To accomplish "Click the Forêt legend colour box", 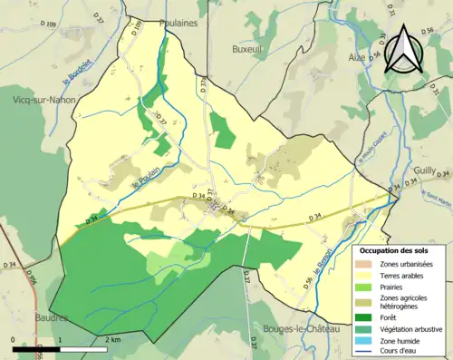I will coord(367,316).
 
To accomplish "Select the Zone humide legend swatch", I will coord(367,340).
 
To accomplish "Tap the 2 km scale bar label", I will coord(111,338).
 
